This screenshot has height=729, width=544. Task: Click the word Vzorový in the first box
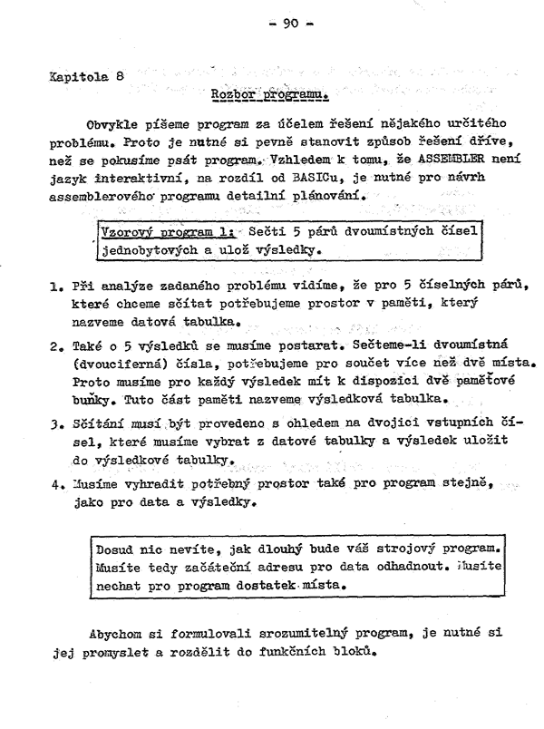[x=124, y=230]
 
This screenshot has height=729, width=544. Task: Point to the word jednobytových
[x=143, y=248]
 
